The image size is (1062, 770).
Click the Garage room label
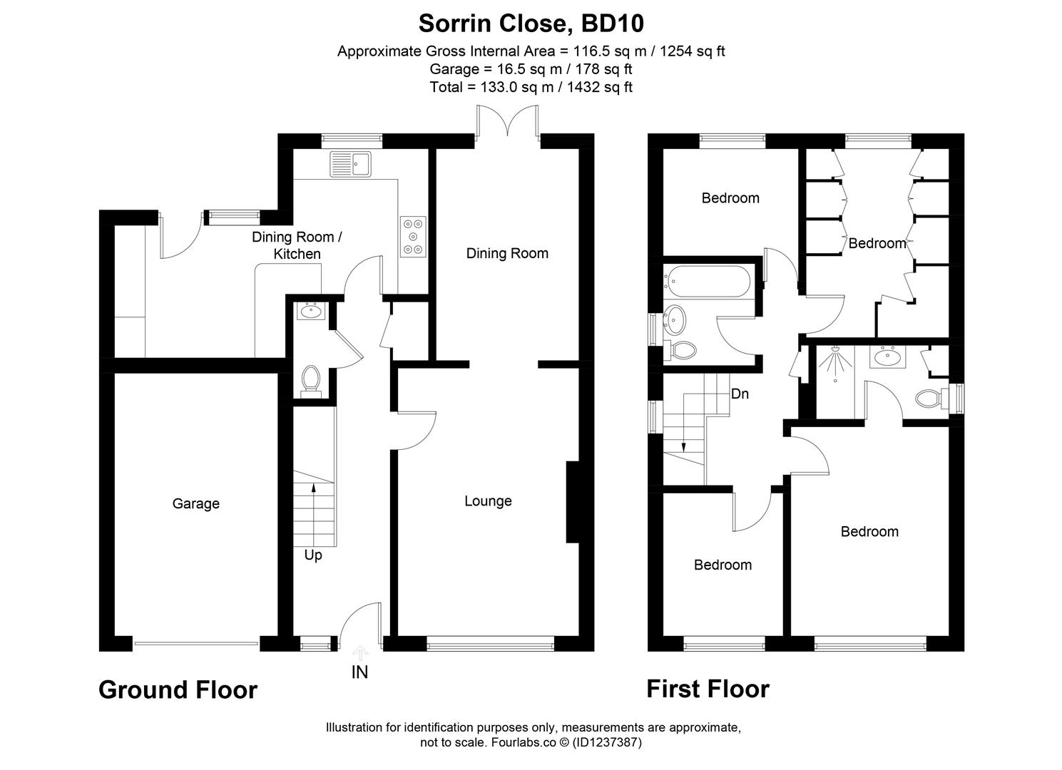tap(195, 504)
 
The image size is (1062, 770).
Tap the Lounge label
tap(488, 501)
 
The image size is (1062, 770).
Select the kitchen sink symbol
tap(349, 164)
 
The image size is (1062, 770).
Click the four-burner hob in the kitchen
tap(413, 236)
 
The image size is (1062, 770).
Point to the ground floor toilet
tap(310, 380)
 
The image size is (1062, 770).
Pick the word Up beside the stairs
tap(313, 555)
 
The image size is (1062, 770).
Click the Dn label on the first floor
tap(740, 394)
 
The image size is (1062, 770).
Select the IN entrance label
tap(359, 672)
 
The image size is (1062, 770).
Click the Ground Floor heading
tap(178, 690)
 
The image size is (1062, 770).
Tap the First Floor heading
tap(708, 689)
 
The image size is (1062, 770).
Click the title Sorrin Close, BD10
tap(531, 24)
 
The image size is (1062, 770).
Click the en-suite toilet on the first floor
tap(930, 398)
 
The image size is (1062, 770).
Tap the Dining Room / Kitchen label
tap(297, 245)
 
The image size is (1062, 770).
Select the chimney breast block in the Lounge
tap(572, 503)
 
